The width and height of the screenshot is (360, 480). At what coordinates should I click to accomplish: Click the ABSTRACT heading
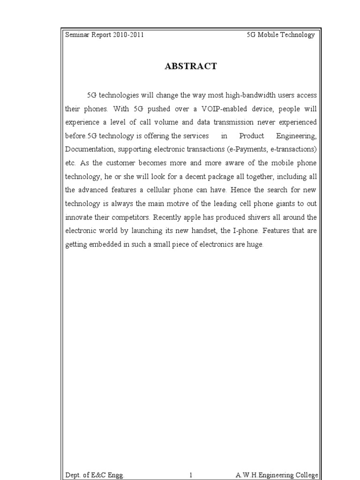pos(191,67)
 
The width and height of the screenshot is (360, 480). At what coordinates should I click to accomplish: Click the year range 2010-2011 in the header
pos(128,35)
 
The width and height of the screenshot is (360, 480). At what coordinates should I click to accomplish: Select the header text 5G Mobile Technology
pos(281,35)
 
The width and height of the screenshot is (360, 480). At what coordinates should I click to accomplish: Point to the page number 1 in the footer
pos(191,475)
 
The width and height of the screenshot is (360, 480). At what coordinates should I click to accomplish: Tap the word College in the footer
pos(304,475)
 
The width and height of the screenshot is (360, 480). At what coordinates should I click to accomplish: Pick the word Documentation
pos(90,150)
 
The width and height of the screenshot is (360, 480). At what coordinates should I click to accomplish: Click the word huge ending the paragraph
pos(255,245)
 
